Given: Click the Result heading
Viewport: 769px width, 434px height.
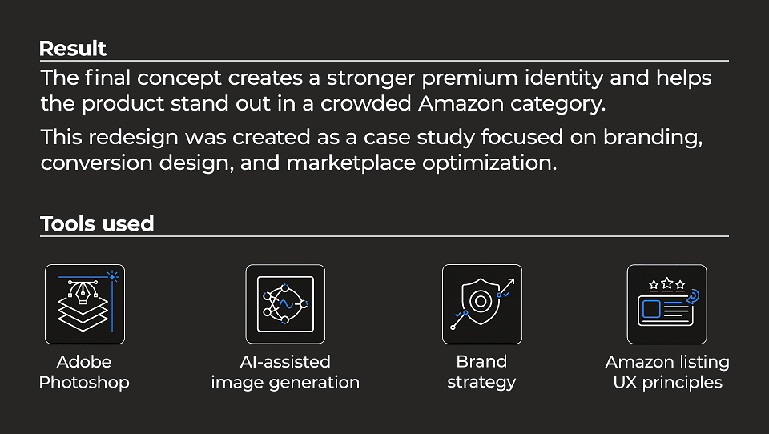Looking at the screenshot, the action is [x=73, y=49].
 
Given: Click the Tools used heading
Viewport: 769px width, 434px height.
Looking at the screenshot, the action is [x=97, y=224].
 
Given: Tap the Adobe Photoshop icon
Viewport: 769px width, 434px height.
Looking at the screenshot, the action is [x=85, y=304].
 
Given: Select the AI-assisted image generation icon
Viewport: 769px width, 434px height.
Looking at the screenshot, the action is [x=285, y=304].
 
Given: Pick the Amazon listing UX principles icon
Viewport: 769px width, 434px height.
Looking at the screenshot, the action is [x=667, y=304].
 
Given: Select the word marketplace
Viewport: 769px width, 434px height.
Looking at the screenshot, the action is [x=351, y=163].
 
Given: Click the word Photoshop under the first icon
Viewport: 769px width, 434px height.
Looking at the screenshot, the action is [x=84, y=383].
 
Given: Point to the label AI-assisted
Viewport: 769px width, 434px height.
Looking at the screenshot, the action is [x=285, y=362].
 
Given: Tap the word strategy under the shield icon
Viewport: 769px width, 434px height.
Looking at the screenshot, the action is [x=481, y=383].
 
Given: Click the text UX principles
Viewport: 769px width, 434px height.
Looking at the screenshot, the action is [x=667, y=383].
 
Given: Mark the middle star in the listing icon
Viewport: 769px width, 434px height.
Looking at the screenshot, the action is [x=667, y=283].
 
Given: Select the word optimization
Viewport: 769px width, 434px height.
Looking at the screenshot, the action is [x=489, y=163].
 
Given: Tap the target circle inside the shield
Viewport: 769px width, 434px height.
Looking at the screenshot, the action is [x=481, y=301].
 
